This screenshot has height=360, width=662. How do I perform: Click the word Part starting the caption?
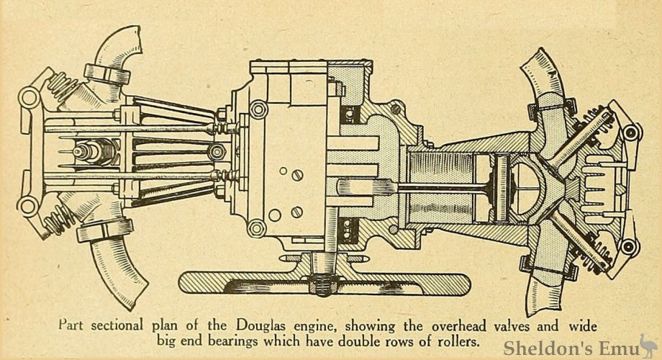pyautogui.click(x=72, y=325)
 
